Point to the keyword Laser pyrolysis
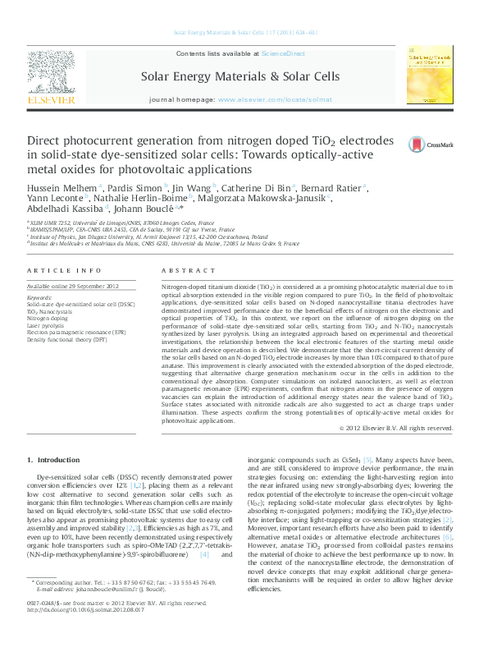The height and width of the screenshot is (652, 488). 44,325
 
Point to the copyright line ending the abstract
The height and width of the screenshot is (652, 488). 396,428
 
